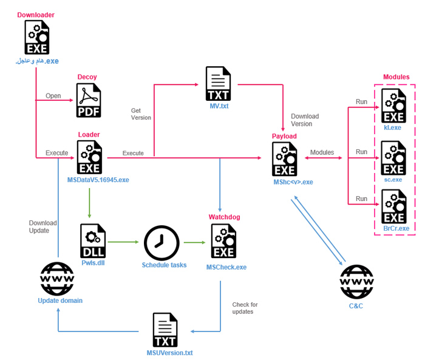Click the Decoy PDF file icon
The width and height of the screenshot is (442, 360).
89,101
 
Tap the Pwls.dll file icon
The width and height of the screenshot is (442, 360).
93,242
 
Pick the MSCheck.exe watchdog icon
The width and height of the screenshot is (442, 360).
223,242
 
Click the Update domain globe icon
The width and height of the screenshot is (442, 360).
58,279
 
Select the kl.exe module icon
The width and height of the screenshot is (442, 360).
393,106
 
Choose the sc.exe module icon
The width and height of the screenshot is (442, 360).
393,157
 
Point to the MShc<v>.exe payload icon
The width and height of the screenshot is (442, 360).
285,159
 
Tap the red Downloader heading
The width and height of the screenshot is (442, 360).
36,14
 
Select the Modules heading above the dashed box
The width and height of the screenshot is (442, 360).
396,77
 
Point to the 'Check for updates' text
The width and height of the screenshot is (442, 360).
245,308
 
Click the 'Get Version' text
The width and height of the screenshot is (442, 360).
141,114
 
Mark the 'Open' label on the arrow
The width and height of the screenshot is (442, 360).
53,96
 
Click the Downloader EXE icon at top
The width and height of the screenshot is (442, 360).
37,38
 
